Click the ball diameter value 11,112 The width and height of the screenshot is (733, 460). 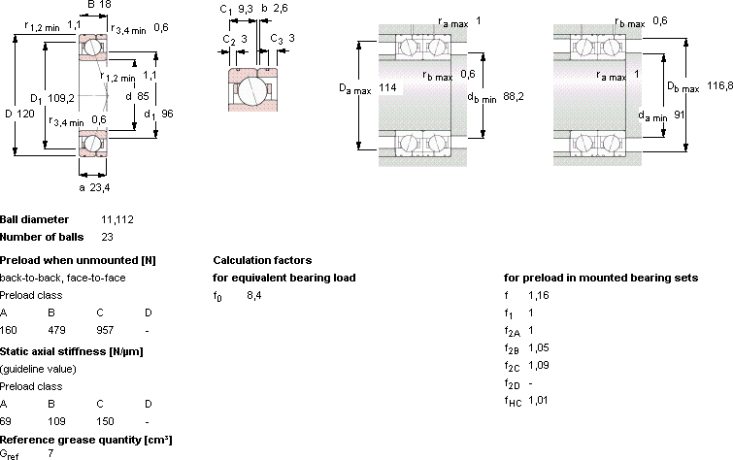pyautogui.click(x=117, y=219)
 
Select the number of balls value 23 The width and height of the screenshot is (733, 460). pyautogui.click(x=107, y=237)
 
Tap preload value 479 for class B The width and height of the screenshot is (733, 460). pyautogui.click(x=56, y=330)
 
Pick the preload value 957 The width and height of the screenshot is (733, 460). pyautogui.click(x=105, y=330)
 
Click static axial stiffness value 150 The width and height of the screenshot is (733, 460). pyautogui.click(x=105, y=421)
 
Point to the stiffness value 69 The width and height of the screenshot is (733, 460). pyautogui.click(x=6, y=421)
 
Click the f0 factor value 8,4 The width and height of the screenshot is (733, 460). pyautogui.click(x=253, y=295)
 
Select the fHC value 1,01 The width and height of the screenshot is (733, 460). pyautogui.click(x=538, y=400)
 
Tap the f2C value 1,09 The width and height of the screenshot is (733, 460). pyautogui.click(x=539, y=365)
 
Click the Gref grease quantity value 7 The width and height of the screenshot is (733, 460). pyautogui.click(x=50, y=453)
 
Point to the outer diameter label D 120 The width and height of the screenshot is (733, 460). pyautogui.click(x=19, y=114)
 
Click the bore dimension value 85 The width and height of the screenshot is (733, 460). pyautogui.click(x=143, y=96)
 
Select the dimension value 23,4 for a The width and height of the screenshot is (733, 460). pyautogui.click(x=100, y=187)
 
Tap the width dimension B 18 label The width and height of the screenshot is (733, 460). pyautogui.click(x=99, y=5)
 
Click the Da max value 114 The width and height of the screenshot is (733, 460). pyautogui.click(x=387, y=87)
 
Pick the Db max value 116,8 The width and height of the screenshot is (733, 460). pyautogui.click(x=719, y=85)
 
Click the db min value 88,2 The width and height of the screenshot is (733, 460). pyautogui.click(x=514, y=96)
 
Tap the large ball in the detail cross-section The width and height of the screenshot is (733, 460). pyautogui.click(x=252, y=90)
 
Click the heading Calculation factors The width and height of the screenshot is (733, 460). pyautogui.click(x=262, y=260)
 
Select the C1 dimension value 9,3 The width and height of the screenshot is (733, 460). pyautogui.click(x=246, y=9)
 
